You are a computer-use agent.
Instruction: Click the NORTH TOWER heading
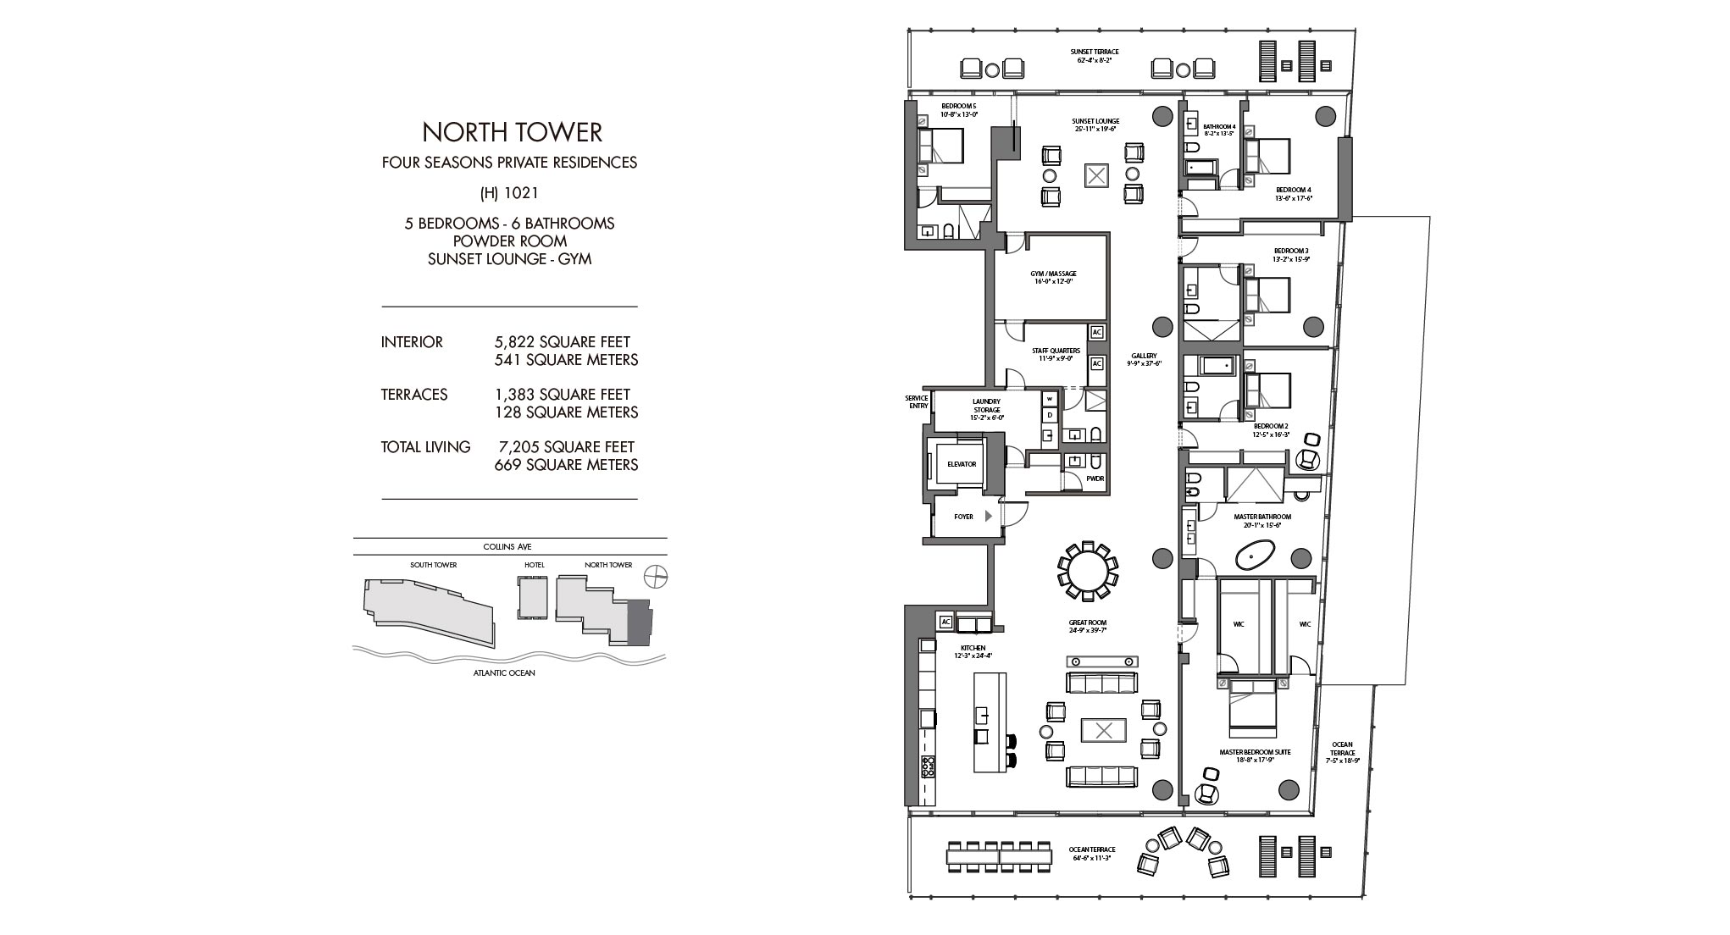(512, 132)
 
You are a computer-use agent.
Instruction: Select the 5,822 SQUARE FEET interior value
(563, 342)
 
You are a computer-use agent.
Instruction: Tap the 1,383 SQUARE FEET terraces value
(563, 395)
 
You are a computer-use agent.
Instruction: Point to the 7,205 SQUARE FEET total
(565, 447)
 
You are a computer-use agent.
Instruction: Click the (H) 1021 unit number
(509, 193)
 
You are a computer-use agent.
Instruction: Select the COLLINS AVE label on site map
(507, 547)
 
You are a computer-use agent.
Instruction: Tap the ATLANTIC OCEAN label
(504, 673)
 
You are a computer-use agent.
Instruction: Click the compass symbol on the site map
(655, 578)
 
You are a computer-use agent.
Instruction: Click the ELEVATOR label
(962, 464)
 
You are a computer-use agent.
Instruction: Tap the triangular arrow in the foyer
(988, 516)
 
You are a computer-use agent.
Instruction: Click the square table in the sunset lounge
(1096, 176)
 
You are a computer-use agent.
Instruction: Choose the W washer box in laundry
(1050, 398)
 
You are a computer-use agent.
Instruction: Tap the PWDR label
(1095, 479)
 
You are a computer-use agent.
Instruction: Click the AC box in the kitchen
(946, 622)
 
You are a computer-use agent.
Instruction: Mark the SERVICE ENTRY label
(917, 401)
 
